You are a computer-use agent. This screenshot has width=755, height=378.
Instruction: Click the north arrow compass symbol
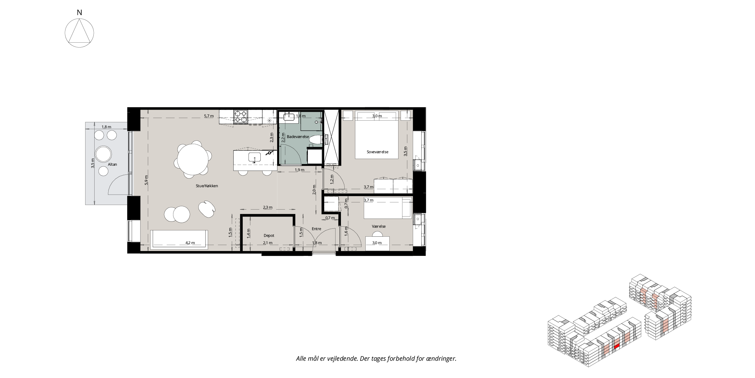[x=79, y=33]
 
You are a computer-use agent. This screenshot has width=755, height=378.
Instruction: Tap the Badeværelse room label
[x=298, y=137]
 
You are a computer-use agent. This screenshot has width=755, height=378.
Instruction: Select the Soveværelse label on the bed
[x=377, y=152]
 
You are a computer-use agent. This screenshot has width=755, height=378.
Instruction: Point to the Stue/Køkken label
[x=207, y=186]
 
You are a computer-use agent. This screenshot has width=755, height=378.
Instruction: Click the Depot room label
[x=269, y=235]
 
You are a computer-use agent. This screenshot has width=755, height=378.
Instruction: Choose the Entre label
[x=316, y=229]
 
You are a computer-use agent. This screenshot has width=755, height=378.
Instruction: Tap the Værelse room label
[x=379, y=226]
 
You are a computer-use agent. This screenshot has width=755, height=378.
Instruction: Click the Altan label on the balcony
[x=112, y=164]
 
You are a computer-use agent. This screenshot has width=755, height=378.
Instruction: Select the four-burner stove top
[x=241, y=117]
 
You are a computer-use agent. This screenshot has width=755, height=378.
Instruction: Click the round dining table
[x=193, y=159]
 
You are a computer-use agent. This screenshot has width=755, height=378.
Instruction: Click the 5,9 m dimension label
[x=146, y=180]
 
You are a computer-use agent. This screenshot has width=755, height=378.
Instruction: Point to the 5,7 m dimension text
[x=209, y=116]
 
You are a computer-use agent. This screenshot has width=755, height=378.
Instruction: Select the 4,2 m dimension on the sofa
[x=190, y=243]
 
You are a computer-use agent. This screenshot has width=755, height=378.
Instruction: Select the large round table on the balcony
[x=103, y=154]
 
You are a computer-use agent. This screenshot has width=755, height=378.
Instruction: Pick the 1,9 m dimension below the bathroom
[x=300, y=170]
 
